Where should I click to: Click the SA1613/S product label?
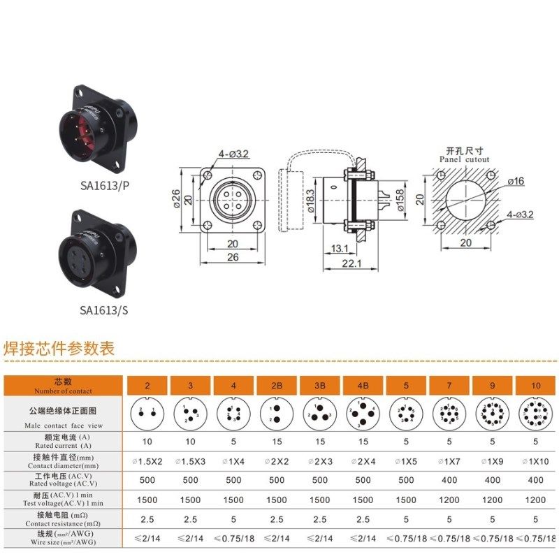click(103, 310)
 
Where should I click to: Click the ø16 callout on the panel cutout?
click(516, 181)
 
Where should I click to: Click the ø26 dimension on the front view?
click(177, 201)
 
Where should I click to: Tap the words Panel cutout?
click(465, 159)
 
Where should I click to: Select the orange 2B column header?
click(277, 385)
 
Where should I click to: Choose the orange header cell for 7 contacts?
click(450, 385)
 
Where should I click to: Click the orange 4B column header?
click(363, 385)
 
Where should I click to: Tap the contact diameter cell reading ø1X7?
click(450, 460)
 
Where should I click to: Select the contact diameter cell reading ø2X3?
click(320, 460)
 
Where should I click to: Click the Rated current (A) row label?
click(64, 441)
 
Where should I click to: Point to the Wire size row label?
click(64, 539)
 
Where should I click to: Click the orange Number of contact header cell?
click(64, 385)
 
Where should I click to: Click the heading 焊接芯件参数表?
click(59, 347)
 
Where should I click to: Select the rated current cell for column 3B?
click(320, 441)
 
